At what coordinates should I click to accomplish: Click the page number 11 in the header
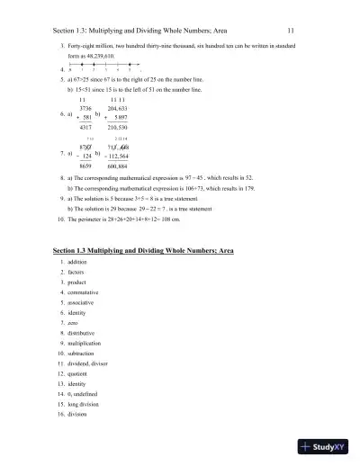point(303,29)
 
